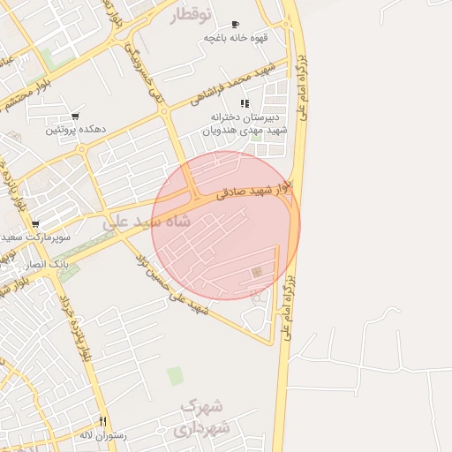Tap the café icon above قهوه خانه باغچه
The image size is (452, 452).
coord(234,25)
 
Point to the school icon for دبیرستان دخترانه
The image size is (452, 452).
coord(245,103)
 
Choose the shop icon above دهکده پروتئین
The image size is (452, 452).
coord(74,117)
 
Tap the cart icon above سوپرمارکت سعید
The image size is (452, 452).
coord(35,224)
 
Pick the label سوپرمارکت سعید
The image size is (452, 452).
coord(35,237)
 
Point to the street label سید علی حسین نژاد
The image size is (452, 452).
coord(173,284)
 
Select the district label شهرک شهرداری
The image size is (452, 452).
coord(202,417)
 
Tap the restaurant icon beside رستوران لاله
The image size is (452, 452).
coord(103,422)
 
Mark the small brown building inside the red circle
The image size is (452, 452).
coord(257,272)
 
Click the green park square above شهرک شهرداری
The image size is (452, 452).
coord(176,376)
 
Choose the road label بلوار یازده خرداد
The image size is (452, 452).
coord(76,328)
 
